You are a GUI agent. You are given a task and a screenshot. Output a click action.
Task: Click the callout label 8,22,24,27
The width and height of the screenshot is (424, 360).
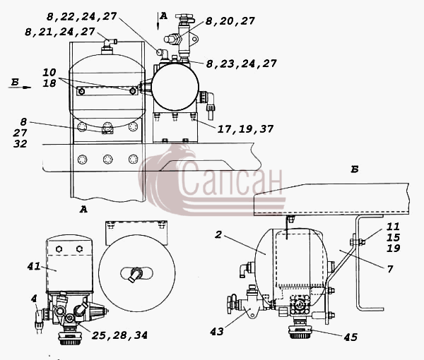[82, 17]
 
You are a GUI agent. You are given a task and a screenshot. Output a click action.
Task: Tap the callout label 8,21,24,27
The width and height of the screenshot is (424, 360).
[60, 32]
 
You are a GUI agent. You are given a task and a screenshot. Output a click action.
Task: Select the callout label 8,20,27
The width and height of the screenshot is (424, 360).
[230, 21]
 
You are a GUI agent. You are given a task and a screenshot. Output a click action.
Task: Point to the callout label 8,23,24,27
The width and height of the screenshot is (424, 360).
[241, 64]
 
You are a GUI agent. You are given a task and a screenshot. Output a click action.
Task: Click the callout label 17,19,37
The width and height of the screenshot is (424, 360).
[245, 129]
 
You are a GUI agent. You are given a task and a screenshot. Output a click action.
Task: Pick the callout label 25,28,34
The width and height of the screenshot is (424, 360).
[119, 335]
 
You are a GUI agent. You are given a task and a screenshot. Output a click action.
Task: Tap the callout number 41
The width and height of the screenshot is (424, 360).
[34, 267]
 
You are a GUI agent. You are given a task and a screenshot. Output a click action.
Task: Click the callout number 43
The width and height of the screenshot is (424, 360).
[217, 332]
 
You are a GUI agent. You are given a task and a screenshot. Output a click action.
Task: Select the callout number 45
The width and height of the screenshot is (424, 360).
[351, 337]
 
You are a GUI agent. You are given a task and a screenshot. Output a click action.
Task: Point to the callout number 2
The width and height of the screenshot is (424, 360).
[218, 234]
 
